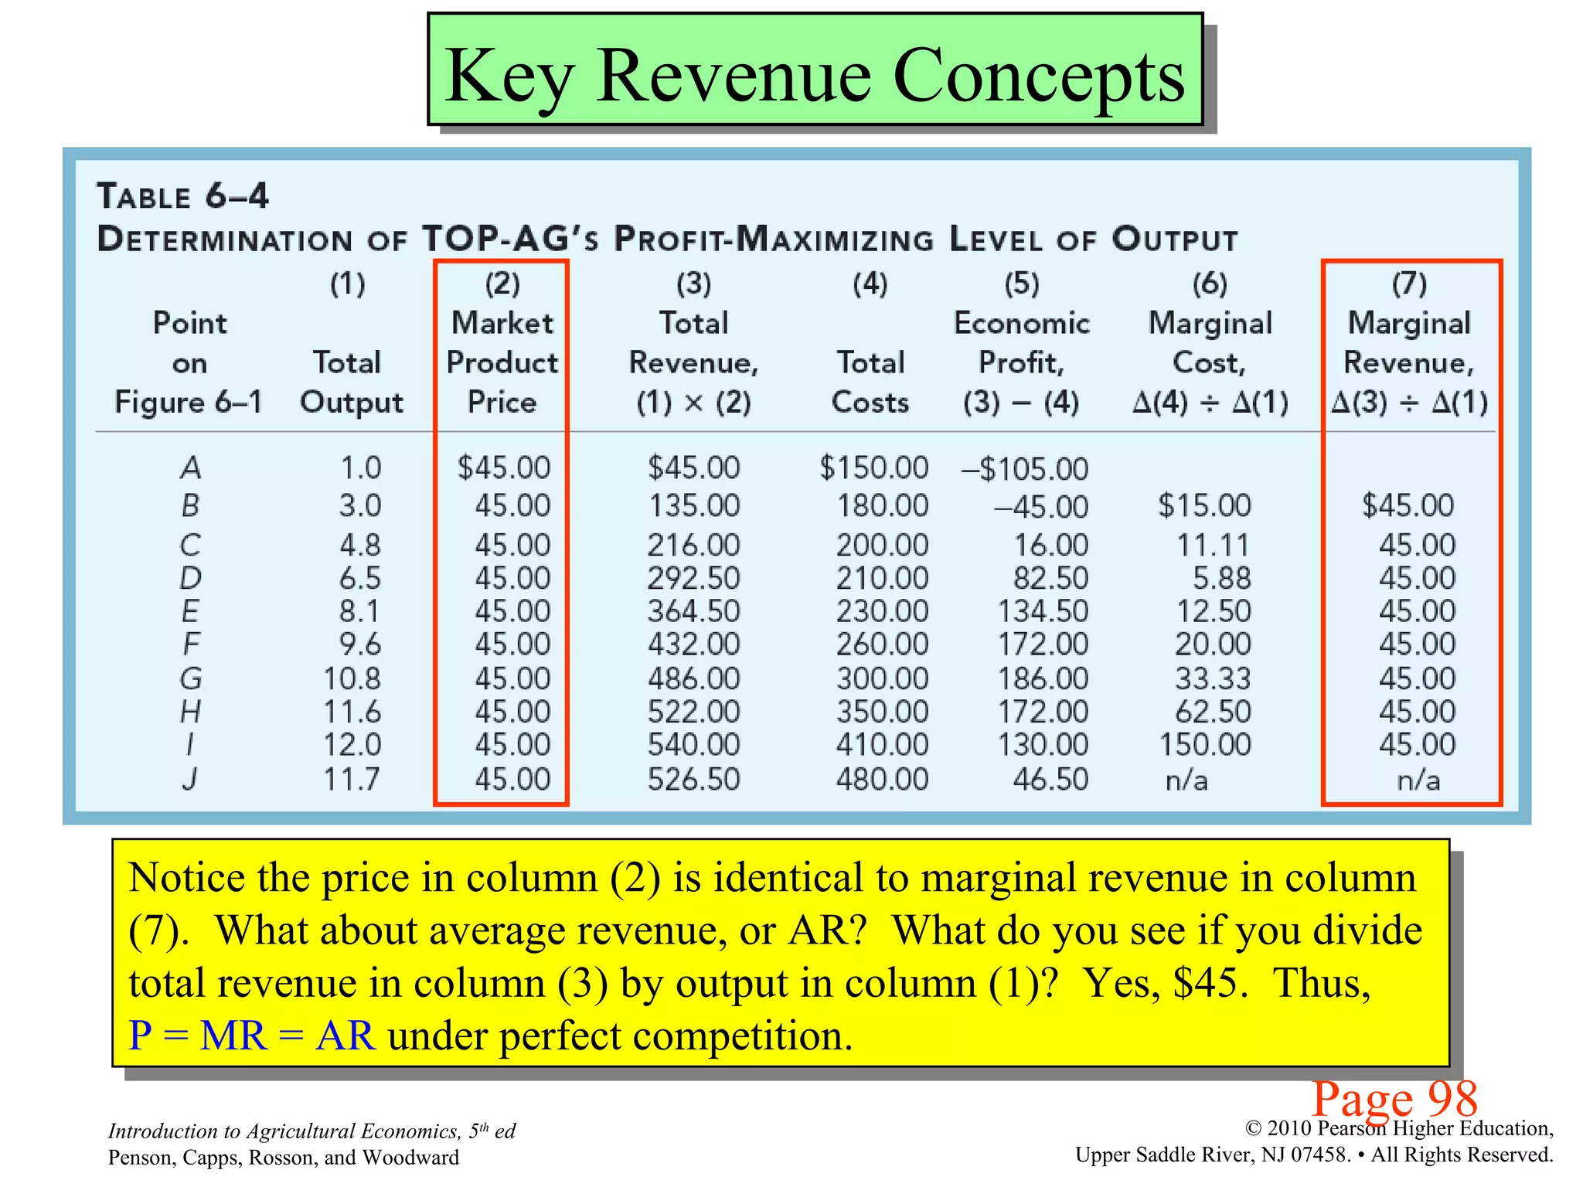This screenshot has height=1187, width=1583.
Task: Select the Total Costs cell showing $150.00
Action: pyautogui.click(x=873, y=468)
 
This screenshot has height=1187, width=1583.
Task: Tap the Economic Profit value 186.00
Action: pyautogui.click(x=1043, y=679)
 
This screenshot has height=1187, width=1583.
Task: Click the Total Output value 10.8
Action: pyautogui.click(x=352, y=679)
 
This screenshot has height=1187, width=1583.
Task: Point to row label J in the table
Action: pyautogui.click(x=190, y=779)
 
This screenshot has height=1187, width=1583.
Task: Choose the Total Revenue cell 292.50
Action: pyautogui.click(x=693, y=578)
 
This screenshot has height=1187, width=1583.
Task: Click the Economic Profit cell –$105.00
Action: pyautogui.click(x=1024, y=469)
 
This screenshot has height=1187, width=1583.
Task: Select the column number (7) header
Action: pyautogui.click(x=1409, y=284)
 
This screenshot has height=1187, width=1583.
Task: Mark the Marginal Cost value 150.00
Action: pyautogui.click(x=1205, y=745)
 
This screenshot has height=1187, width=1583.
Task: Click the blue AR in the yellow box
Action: pyautogui.click(x=346, y=1036)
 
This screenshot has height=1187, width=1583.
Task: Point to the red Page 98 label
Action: pyautogui.click(x=1394, y=1097)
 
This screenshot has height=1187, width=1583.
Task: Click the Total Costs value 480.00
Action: pyautogui.click(x=882, y=779)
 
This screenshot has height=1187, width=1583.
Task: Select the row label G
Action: pyautogui.click(x=191, y=679)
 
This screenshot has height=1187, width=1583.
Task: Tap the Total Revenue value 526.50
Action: pyautogui.click(x=693, y=779)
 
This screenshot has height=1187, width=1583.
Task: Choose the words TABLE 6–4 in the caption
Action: pyautogui.click(x=182, y=196)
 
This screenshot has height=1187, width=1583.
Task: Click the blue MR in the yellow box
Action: pyautogui.click(x=233, y=1036)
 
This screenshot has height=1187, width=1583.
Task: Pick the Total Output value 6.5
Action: pyautogui.click(x=360, y=578)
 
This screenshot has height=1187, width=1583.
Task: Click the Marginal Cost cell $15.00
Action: pyautogui.click(x=1204, y=505)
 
